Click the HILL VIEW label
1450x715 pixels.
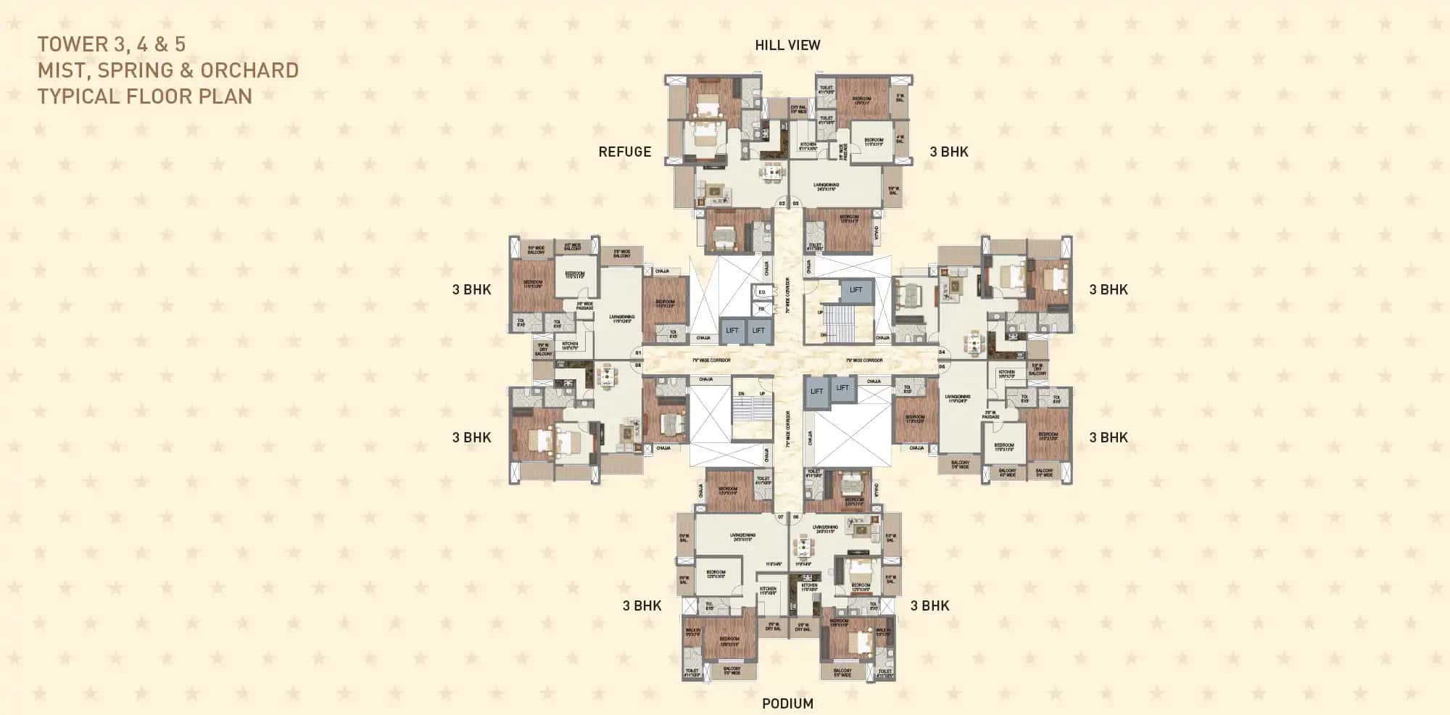pyautogui.click(x=787, y=45)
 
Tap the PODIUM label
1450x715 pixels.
pyautogui.click(x=787, y=703)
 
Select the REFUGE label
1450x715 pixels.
pyautogui.click(x=624, y=152)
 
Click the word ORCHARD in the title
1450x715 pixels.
pyautogui.click(x=249, y=70)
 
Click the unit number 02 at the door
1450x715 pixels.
pyautogui.click(x=782, y=204)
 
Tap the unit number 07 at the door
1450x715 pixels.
pyautogui.click(x=781, y=517)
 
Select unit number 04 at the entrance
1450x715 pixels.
pyautogui.click(x=942, y=352)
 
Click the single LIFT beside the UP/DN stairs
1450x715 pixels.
pyautogui.click(x=855, y=290)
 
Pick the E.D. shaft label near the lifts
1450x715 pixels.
pyautogui.click(x=762, y=292)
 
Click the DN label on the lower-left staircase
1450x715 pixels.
pyautogui.click(x=741, y=394)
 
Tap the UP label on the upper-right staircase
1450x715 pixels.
pyautogui.click(x=821, y=313)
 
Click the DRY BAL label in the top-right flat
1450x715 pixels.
pyautogui.click(x=798, y=109)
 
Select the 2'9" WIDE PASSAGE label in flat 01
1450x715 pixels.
pyautogui.click(x=585, y=306)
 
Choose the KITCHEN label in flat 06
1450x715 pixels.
pyautogui.click(x=1006, y=374)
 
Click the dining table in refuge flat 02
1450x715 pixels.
pyautogui.click(x=772, y=172)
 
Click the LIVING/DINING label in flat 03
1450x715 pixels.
pyautogui.click(x=826, y=186)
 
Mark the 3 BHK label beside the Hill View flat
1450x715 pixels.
pyautogui.click(x=949, y=152)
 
